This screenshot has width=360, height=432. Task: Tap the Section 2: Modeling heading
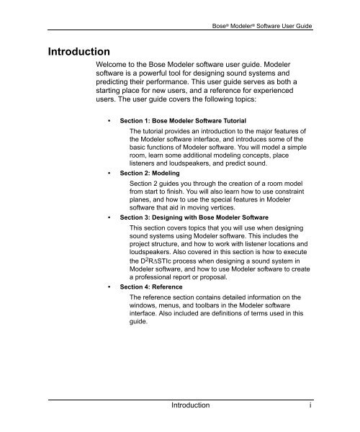tap(149, 174)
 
